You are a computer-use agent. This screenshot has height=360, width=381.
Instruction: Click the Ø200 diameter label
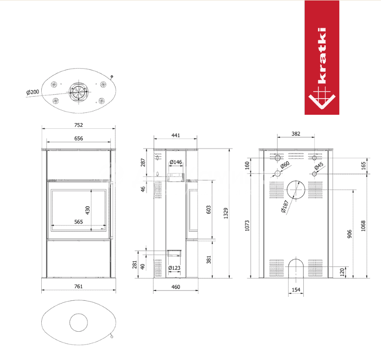coord(33,92)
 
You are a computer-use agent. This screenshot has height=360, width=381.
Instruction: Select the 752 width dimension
coord(79,125)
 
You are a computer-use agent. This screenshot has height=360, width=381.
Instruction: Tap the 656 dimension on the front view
coord(79,139)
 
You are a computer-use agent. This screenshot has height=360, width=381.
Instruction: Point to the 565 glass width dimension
coord(79,221)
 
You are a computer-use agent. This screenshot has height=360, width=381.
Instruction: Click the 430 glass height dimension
coord(88,210)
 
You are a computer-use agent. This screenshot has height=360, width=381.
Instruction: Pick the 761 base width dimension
coord(78,286)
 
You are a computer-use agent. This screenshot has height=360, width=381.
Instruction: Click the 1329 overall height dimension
coord(226,213)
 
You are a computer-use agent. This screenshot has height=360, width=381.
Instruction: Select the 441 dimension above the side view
coord(175,135)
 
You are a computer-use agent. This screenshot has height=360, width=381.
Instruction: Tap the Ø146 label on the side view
coord(175,162)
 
